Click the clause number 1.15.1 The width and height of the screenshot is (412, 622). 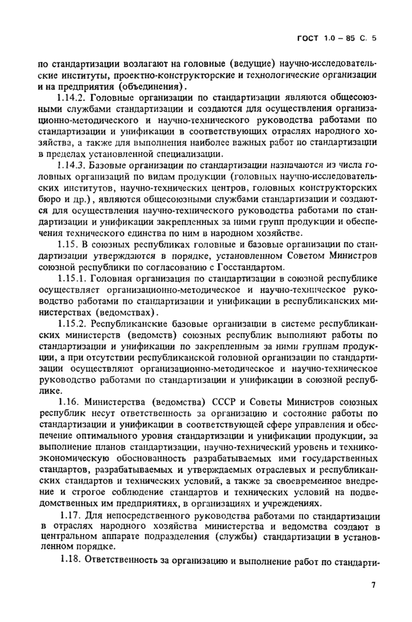click(x=73, y=279)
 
